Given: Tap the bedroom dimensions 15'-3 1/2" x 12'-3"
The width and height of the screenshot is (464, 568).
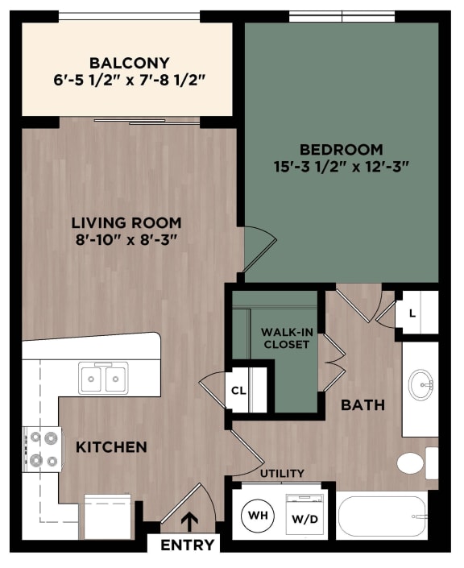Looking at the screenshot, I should click(x=342, y=167).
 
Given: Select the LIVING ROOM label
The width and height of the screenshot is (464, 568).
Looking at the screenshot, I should click(x=126, y=222).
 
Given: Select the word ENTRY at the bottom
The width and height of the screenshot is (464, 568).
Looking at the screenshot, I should click(x=188, y=545).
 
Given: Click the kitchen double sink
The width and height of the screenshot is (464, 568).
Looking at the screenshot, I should click(x=103, y=377).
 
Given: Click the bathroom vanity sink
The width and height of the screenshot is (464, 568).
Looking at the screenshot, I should click(x=420, y=385).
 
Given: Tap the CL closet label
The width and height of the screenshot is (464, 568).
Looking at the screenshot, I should click(x=238, y=391).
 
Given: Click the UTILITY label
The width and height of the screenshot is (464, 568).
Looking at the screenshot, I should click(x=282, y=473).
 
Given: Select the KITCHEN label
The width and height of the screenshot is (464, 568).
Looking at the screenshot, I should click(x=112, y=446).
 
